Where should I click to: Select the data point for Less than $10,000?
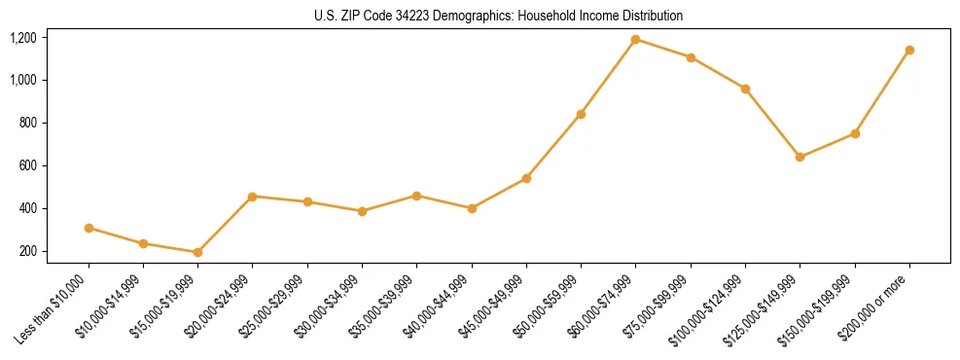[89, 228]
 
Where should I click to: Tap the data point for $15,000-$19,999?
[197, 252]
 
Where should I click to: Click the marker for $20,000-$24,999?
[253, 197]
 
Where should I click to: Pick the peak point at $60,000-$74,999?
[635, 40]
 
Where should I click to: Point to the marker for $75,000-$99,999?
[691, 57]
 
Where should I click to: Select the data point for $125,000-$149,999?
[800, 157]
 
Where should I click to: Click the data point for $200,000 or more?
[909, 50]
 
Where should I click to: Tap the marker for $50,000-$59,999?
[581, 114]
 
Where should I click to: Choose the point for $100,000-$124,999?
[745, 89]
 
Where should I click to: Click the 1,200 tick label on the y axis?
[22, 38]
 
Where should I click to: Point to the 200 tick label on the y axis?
[27, 251]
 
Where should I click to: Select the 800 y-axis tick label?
[27, 123]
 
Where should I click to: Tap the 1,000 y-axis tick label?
[22, 80]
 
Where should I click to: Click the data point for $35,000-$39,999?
[416, 196]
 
